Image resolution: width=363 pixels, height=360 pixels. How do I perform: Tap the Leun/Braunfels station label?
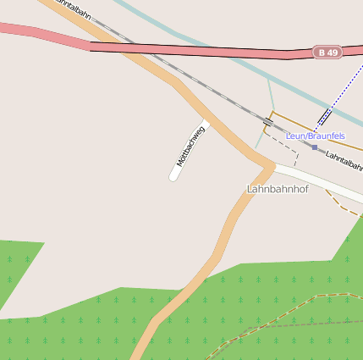316,136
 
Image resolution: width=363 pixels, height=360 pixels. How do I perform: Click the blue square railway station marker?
315,147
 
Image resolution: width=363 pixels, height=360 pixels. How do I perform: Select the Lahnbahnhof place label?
278,189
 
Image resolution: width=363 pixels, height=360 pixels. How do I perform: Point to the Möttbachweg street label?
190,146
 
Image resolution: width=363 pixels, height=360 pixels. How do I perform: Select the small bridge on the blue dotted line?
325,116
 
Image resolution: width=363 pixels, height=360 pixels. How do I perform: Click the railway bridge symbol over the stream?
267,122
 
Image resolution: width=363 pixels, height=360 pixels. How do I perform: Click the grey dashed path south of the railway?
283,144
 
